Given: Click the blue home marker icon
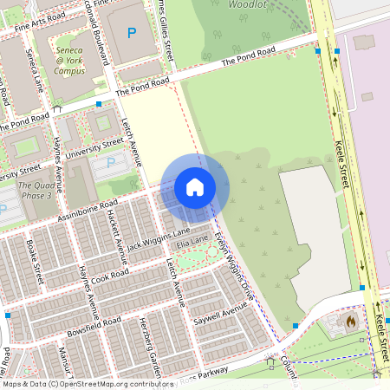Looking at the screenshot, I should [195, 186].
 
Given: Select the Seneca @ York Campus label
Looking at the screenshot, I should [70, 61].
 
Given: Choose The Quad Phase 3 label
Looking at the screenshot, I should [36, 191].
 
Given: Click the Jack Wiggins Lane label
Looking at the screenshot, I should [159, 237].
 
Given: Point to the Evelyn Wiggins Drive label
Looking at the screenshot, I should [232, 263].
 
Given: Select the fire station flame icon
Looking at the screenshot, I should [350, 321].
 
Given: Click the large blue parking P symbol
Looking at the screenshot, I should [132, 34].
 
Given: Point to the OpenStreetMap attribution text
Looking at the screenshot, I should [87, 383].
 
